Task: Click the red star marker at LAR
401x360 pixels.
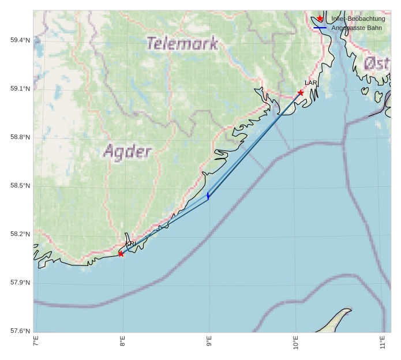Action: (301, 92)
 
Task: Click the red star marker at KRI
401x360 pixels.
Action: (121, 254)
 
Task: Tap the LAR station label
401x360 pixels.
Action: (311, 83)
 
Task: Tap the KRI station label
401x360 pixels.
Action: (130, 244)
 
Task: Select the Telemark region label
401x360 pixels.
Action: (182, 43)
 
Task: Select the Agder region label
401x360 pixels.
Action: (128, 152)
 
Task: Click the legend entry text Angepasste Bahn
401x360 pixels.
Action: (356, 28)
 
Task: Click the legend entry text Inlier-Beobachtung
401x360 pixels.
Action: (358, 18)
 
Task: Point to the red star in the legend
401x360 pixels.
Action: (320, 18)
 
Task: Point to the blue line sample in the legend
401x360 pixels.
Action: (320, 28)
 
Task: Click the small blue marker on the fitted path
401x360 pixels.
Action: (208, 196)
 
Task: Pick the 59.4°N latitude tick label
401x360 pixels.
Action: (20, 40)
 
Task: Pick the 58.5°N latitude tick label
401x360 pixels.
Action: (20, 185)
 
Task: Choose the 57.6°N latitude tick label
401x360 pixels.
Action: (20, 331)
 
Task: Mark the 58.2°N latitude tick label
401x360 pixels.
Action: (20, 234)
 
